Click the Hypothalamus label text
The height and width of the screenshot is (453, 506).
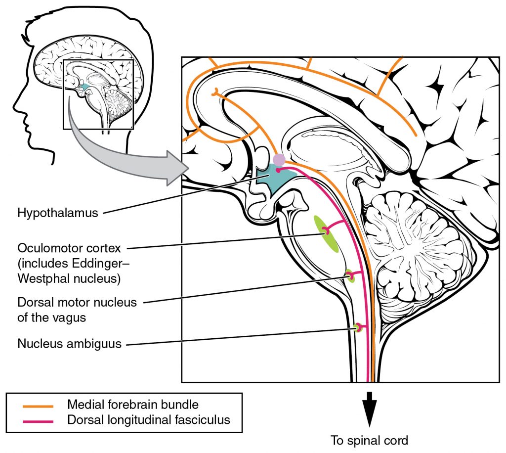coord(58,214)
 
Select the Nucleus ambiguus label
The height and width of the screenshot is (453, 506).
coord(69,343)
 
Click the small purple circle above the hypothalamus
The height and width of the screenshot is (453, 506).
coord(279,159)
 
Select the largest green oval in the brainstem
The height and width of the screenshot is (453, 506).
coord(328,234)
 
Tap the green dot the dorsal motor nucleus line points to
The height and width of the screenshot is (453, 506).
coord(350,276)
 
